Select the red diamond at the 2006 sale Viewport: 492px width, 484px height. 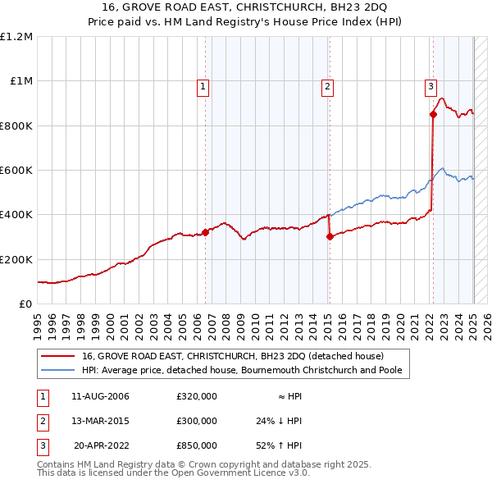click(x=206, y=232)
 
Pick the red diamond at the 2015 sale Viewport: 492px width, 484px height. click(x=330, y=236)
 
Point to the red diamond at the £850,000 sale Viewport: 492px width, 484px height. click(x=433, y=115)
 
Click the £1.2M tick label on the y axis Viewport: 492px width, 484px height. click(x=16, y=37)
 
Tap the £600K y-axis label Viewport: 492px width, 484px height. click(x=16, y=171)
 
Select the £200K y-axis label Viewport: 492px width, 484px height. click(x=16, y=259)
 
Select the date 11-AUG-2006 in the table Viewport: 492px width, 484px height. click(x=101, y=396)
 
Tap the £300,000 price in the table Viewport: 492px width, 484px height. click(x=197, y=421)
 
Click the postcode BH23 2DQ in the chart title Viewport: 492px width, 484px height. click(x=367, y=8)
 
